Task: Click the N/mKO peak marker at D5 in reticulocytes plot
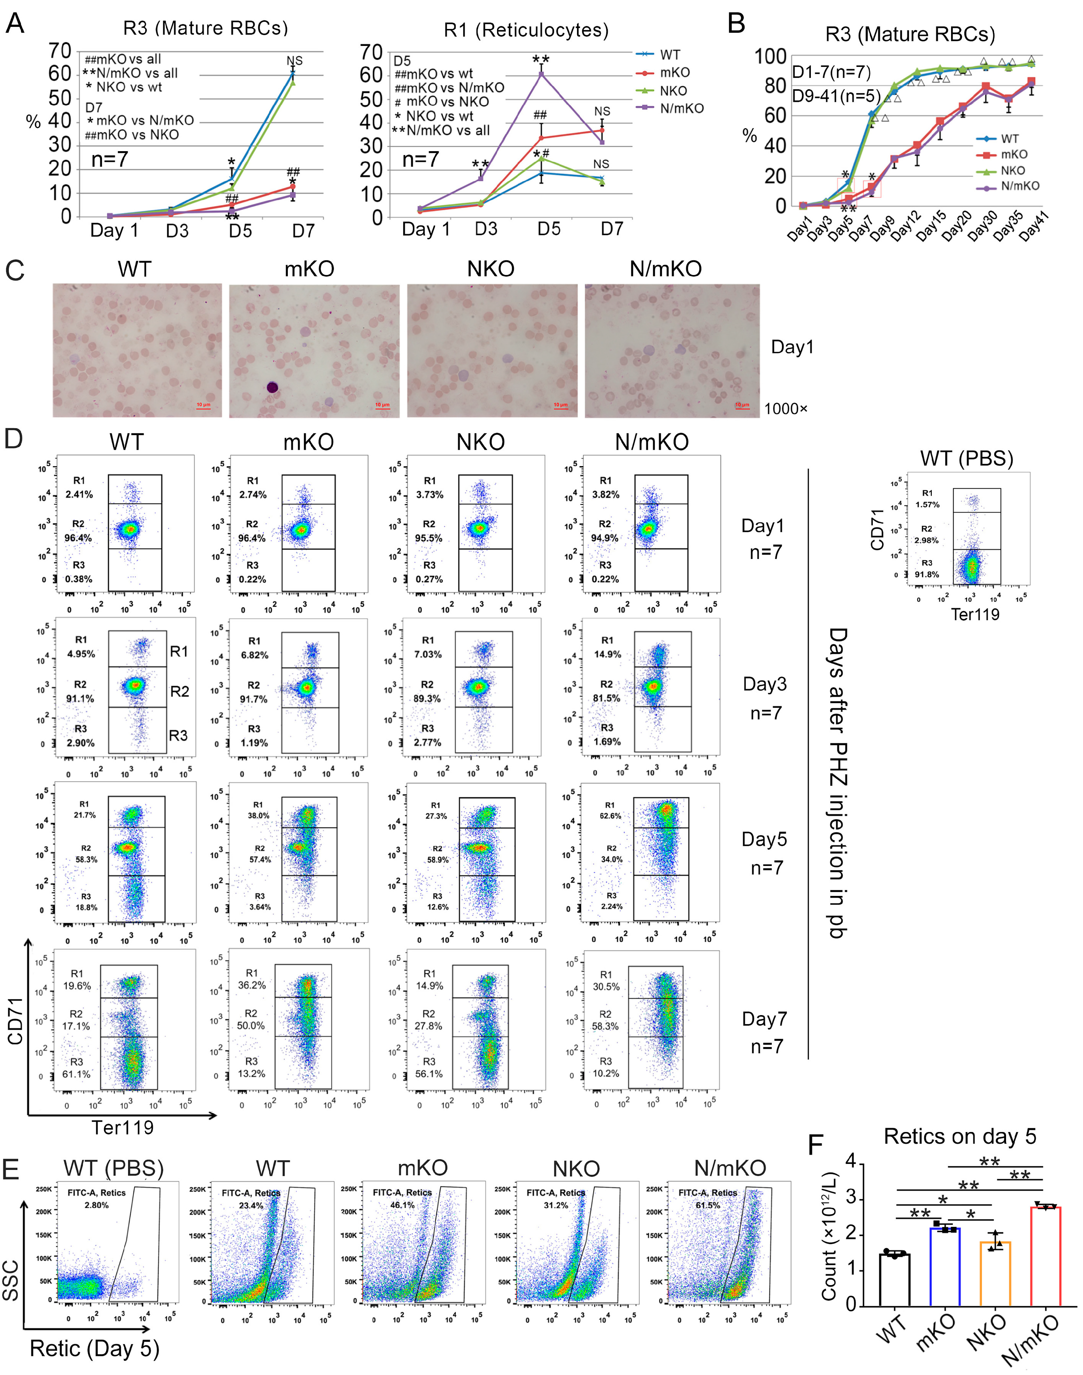[x=541, y=75]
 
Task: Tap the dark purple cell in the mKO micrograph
[x=272, y=387]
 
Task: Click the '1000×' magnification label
[x=786, y=409]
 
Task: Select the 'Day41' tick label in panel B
[x=1035, y=228]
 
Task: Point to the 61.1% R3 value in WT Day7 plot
[x=76, y=1074]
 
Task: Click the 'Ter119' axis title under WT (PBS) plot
[x=975, y=615]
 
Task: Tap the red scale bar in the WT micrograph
[x=203, y=407]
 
